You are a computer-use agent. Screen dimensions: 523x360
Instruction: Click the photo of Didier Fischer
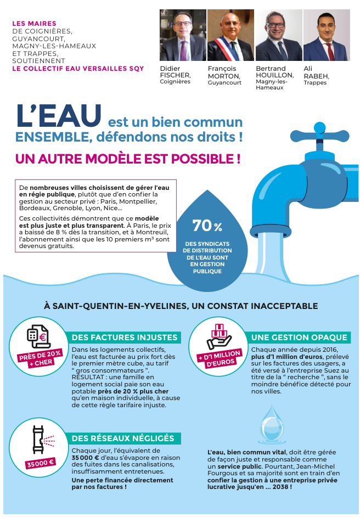click(183, 35)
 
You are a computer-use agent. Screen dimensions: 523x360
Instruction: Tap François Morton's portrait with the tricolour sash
click(230, 35)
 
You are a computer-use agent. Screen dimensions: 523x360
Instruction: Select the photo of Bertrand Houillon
click(278, 35)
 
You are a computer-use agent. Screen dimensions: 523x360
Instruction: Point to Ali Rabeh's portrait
click(326, 35)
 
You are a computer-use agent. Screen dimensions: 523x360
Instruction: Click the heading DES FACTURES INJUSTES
click(125, 338)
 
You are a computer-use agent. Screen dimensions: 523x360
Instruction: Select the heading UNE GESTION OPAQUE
click(299, 337)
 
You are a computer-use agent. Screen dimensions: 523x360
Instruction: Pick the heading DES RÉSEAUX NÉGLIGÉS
click(123, 438)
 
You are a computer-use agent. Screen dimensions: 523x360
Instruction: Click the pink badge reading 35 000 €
click(41, 462)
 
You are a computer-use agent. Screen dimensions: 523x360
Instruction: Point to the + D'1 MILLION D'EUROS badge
click(219, 358)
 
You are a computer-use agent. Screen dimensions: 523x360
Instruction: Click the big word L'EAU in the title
click(59, 115)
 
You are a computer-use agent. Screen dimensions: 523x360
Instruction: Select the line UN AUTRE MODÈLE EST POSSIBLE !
click(127, 159)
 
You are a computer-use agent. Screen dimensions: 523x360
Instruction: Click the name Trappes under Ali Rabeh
click(315, 83)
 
